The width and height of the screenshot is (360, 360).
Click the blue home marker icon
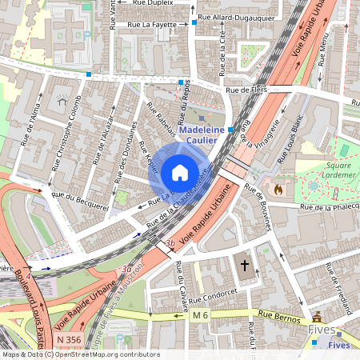pos(180,173)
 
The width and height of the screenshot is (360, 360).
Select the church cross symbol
pos(245,266)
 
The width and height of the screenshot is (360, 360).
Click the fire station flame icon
pos(278,190)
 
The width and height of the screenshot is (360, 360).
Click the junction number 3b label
pos(168,242)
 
